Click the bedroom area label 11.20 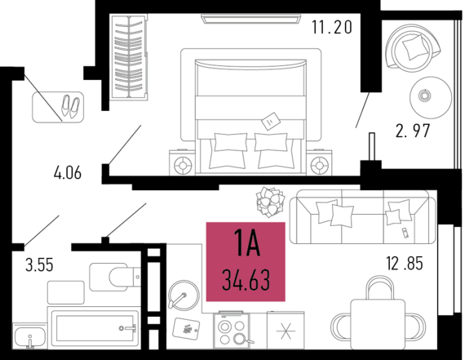tap(332, 27)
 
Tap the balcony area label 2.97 tap(413, 131)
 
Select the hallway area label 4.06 tap(68, 173)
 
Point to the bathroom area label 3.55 tap(39, 265)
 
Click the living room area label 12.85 tap(405, 263)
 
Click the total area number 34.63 tap(246, 280)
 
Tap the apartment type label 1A tap(247, 242)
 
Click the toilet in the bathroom tap(115, 277)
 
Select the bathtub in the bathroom tap(95, 328)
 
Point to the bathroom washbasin tap(29, 336)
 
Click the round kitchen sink tap(184, 296)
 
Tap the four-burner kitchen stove tap(232, 331)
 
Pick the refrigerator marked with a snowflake tap(286, 331)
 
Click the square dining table tap(378, 324)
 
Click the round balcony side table tap(431, 98)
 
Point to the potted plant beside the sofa tap(270, 202)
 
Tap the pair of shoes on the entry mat tap(70, 106)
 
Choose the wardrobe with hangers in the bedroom tap(130, 57)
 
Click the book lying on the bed tap(271, 121)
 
